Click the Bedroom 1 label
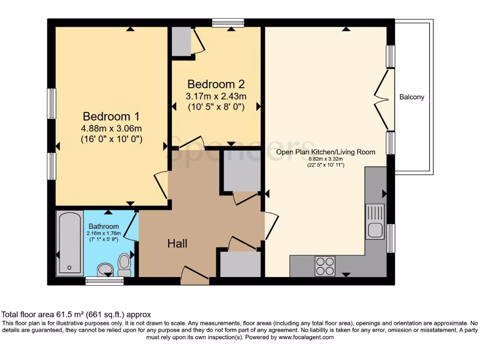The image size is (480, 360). click(111, 116)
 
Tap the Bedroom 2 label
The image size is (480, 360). click(216, 84)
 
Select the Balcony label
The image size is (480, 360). click(412, 97)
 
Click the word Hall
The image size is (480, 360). click(178, 243)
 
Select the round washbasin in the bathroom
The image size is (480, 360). click(105, 270)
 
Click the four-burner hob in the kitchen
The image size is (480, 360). click(325, 266)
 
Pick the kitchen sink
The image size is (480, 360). click(375, 222)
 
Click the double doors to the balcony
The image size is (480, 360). click(384, 99)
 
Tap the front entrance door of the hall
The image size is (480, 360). click(194, 276)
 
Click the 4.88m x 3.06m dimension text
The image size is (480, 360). click(111, 128)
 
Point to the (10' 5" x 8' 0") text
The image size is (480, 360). click(216, 107)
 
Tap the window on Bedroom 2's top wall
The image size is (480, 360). click(228, 22)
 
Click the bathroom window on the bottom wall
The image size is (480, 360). click(105, 281)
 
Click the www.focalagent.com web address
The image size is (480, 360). click(306, 337)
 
